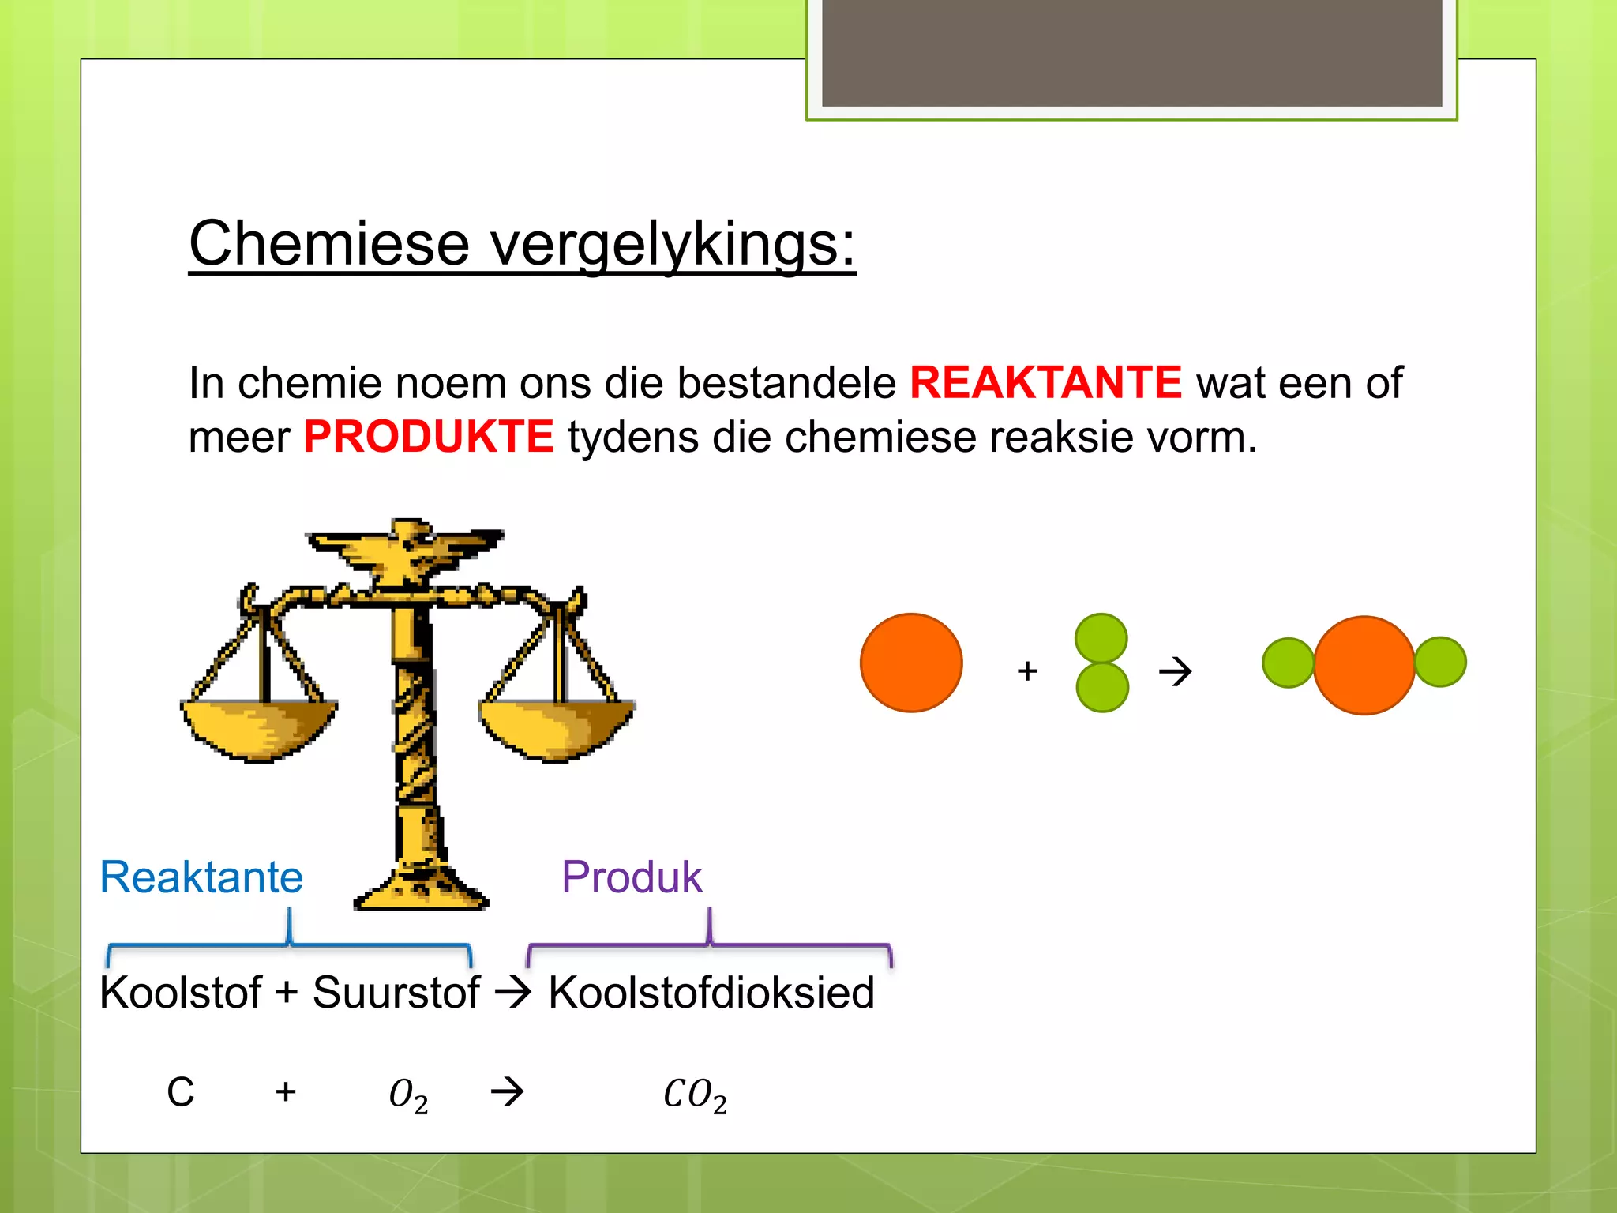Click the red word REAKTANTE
tap(1045, 383)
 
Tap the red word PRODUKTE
tap(428, 437)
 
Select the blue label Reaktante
tap(201, 877)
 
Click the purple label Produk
tap(632, 877)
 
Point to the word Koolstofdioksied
tap(711, 993)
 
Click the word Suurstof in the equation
tap(396, 993)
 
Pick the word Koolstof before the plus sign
tap(180, 993)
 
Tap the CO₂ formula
tap(695, 1095)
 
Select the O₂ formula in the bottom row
tap(408, 1095)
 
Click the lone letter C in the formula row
tap(180, 1093)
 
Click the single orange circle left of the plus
tap(911, 663)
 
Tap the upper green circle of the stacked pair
tap(1101, 638)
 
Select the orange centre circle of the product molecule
tap(1364, 665)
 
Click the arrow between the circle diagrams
tap(1175, 672)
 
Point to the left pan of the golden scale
tap(259, 728)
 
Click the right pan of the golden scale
tap(557, 728)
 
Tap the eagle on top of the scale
tap(404, 550)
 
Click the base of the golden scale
tap(421, 888)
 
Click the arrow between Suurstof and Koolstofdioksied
tap(513, 993)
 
